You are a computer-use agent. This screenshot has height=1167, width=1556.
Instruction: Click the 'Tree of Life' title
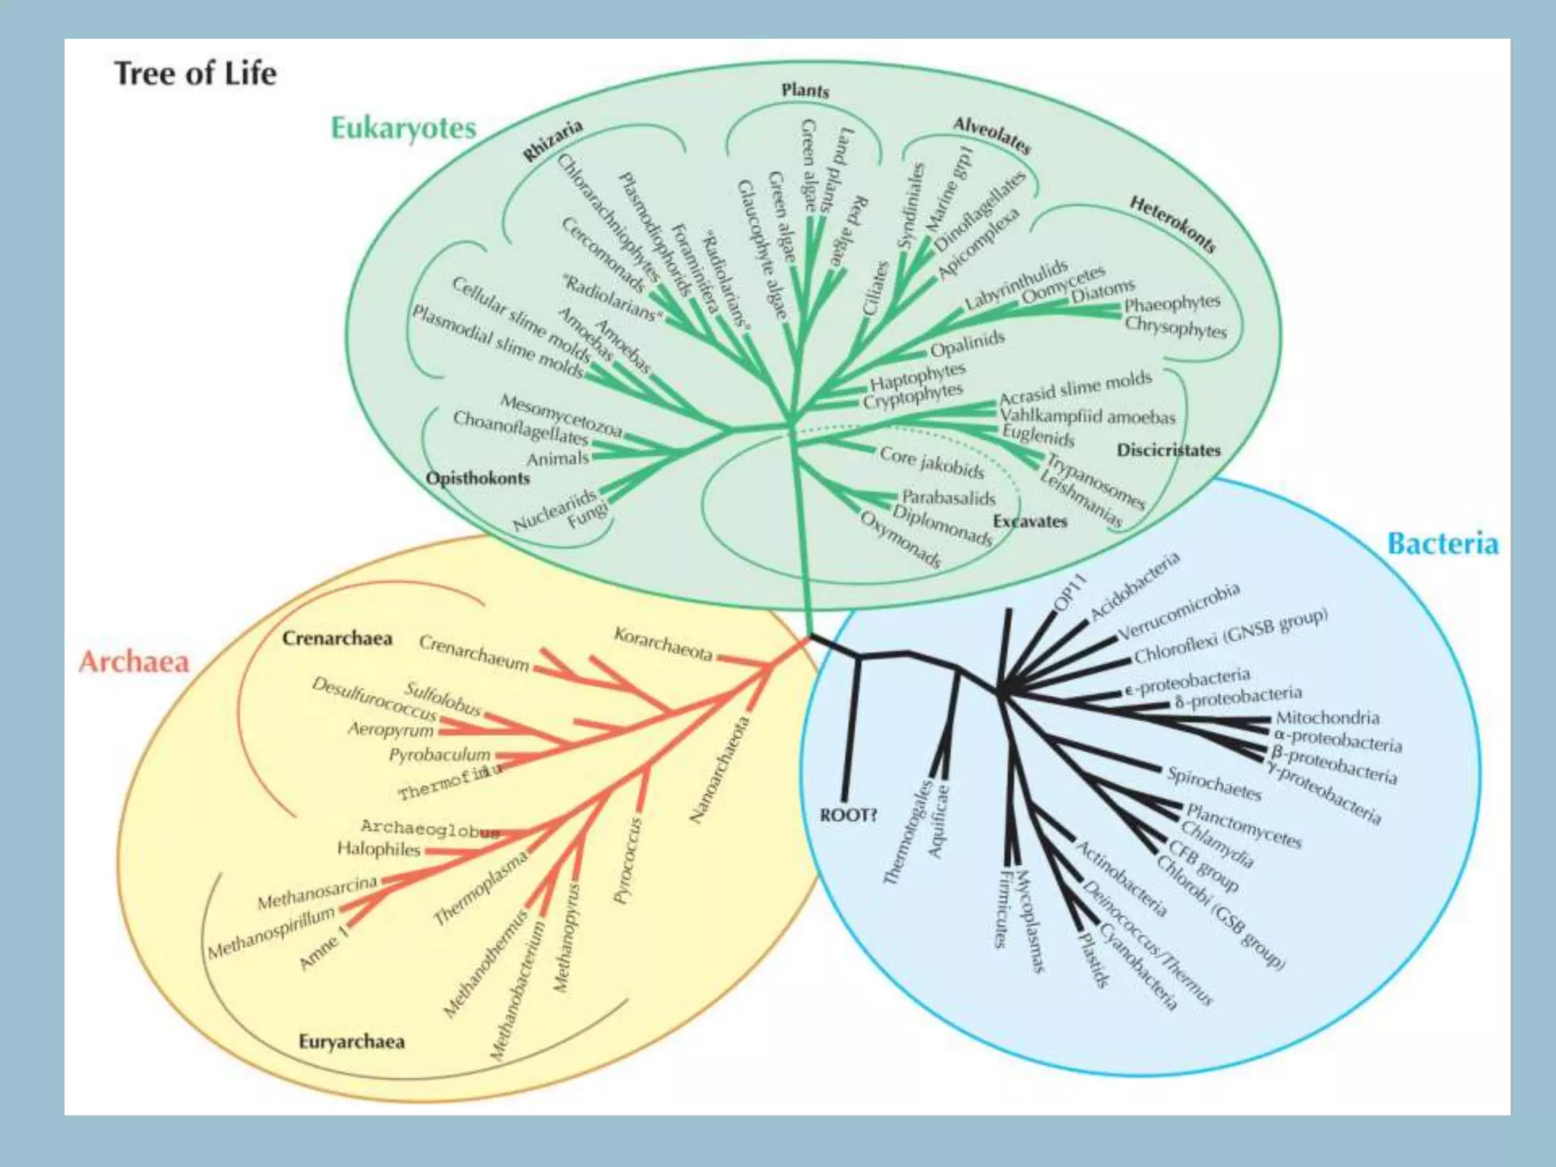(195, 74)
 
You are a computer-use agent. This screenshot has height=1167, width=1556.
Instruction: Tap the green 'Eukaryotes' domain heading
(403, 128)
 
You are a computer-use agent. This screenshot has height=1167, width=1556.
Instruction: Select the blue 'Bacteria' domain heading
(1442, 544)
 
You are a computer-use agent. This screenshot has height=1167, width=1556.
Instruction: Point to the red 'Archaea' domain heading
(134, 662)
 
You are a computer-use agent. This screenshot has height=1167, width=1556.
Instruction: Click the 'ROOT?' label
(849, 815)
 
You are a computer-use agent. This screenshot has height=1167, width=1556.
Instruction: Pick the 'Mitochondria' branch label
(1327, 716)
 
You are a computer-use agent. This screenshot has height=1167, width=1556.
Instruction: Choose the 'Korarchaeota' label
(663, 644)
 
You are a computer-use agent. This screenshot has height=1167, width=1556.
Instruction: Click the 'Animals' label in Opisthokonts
(558, 458)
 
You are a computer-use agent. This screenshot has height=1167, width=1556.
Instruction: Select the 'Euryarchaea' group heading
(351, 1041)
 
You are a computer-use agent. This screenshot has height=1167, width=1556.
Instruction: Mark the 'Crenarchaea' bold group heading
(337, 638)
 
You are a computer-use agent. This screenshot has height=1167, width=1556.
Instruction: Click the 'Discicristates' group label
(1169, 450)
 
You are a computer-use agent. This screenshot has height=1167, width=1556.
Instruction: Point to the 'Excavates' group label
(1029, 521)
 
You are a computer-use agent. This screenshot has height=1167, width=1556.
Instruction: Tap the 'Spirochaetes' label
(1214, 783)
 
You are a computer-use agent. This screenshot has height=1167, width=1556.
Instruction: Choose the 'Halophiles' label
(378, 848)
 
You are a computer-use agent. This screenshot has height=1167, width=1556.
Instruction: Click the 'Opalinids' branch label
(967, 344)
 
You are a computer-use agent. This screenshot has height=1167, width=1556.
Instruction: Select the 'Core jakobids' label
(931, 461)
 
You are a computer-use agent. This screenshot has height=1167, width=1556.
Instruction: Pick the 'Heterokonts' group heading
(1172, 223)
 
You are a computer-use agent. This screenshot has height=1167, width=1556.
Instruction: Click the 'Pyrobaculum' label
(440, 754)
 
